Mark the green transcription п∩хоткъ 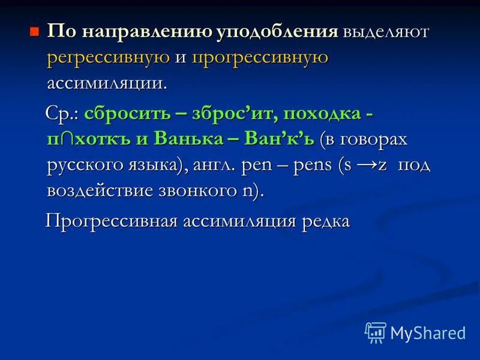[90, 139]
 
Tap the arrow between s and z [367, 164]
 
